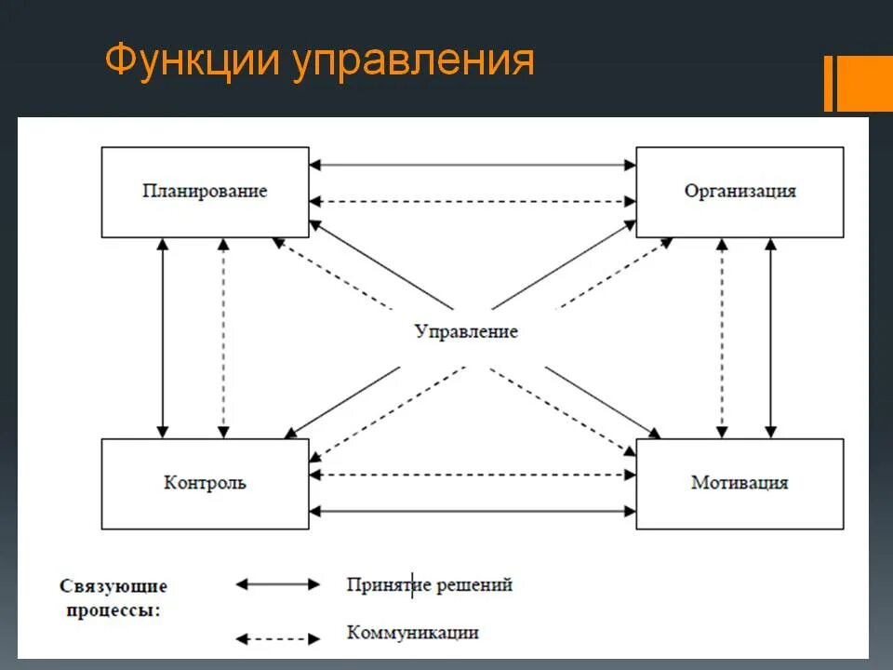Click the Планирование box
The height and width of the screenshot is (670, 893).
coord(205,192)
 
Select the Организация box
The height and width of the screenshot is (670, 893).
coord(740,192)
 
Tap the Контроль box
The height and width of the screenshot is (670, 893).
coord(205,483)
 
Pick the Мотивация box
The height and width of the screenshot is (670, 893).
coord(740,483)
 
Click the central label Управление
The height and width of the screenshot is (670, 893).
coord(466,331)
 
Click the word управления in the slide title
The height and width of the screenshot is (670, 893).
coord(413,61)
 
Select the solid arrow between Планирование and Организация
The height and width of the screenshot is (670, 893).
coord(473,166)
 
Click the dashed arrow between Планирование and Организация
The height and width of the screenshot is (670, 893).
coord(473,201)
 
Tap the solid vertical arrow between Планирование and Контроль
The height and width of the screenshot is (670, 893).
coord(164,338)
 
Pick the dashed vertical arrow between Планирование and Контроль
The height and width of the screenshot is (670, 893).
coord(222,338)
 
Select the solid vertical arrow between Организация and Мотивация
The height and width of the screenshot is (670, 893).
coord(769,338)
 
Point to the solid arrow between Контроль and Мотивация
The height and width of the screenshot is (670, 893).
coord(473,510)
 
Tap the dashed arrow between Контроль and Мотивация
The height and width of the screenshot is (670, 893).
coord(473,475)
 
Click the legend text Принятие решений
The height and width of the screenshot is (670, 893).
coord(430,585)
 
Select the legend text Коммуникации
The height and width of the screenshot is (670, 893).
coord(413,633)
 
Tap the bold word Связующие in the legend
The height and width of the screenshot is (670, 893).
coord(113,586)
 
